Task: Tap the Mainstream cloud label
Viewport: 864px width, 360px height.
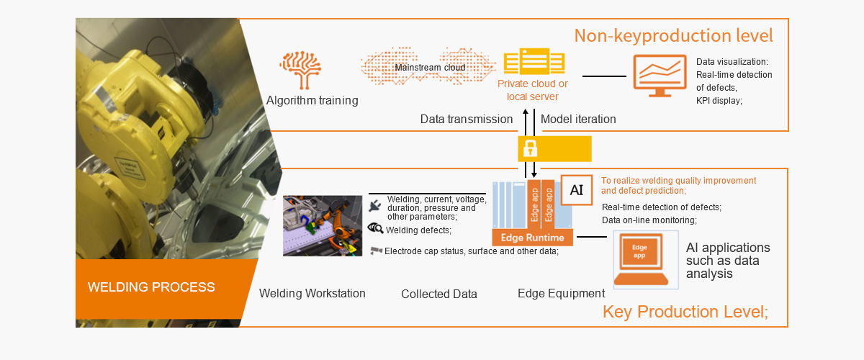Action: (430, 68)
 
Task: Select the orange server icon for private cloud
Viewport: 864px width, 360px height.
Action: (532, 62)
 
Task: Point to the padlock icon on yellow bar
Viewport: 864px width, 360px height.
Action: (530, 149)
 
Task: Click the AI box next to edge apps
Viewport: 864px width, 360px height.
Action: (577, 190)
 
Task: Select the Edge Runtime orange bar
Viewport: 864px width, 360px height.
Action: (533, 238)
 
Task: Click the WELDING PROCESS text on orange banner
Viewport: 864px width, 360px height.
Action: (151, 287)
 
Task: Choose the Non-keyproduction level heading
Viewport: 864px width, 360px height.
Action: (673, 35)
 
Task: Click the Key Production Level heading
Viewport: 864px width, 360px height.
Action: (685, 312)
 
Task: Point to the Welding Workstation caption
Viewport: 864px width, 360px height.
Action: (312, 293)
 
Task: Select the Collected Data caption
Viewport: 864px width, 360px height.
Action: (439, 294)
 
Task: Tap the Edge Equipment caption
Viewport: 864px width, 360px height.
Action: (561, 293)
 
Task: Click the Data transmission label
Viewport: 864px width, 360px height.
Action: (467, 119)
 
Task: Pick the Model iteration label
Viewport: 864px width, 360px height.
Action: (578, 119)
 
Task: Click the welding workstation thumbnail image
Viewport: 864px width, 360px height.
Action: (322, 225)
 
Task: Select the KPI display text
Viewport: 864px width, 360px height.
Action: (719, 101)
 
